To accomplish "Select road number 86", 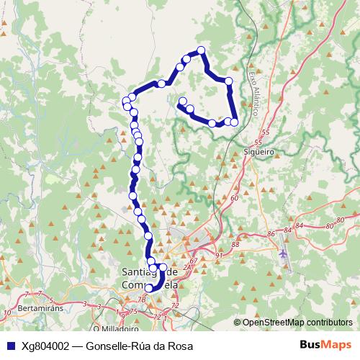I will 271,234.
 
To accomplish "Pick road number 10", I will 7,312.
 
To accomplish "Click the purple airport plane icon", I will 283,253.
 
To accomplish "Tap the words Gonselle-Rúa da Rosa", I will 139,346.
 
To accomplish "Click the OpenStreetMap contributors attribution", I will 297,322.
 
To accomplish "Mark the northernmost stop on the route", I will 201,50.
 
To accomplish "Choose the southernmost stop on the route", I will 149,288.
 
